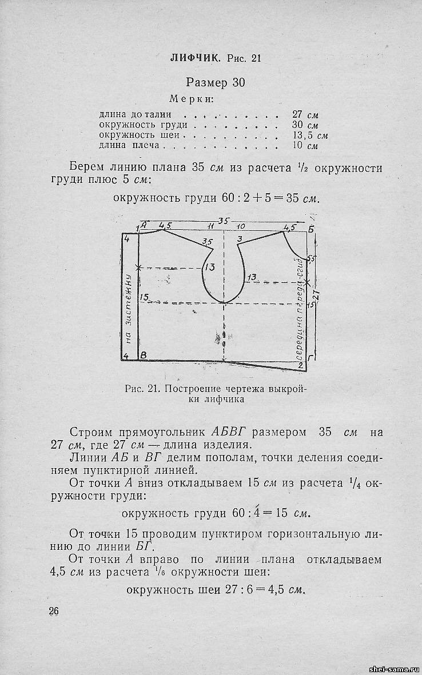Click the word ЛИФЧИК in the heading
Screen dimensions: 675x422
pos(195,58)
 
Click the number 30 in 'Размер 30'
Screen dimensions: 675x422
pos(238,82)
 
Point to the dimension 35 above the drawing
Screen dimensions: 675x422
pos(225,221)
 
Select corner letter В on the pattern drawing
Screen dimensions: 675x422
pos(144,356)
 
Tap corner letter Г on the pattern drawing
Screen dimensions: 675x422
pos(309,357)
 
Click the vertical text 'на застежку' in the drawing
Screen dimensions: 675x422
pos(129,309)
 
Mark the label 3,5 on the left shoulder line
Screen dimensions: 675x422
pos(208,241)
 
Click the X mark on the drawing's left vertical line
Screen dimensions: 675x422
pos(138,267)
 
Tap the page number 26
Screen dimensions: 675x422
pos(54,610)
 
